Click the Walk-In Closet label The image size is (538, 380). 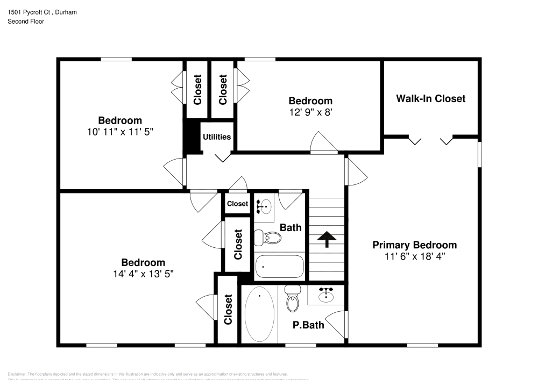point(430,98)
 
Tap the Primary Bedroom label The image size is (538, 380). point(414,245)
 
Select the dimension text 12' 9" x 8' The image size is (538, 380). point(310,112)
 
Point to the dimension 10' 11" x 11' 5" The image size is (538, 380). point(119,131)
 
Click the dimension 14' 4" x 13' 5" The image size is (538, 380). point(143,274)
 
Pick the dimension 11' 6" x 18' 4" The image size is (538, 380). point(414,256)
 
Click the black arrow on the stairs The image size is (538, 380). point(325,239)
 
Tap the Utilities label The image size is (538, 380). point(217,137)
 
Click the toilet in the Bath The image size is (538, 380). point(267,237)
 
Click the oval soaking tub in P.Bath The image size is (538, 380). point(259,314)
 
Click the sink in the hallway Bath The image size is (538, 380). point(264,205)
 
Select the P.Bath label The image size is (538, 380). point(308,325)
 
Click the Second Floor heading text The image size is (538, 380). point(26,21)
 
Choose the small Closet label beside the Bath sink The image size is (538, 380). point(237,204)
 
